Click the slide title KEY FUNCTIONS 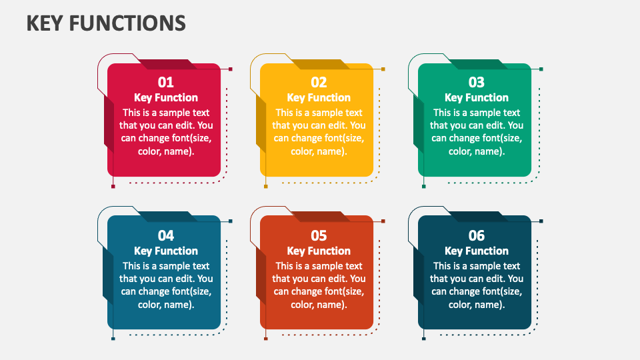point(106,23)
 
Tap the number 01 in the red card point(166,83)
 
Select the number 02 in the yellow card point(319,83)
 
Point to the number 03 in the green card point(476,83)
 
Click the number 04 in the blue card point(166,235)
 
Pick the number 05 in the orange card point(319,235)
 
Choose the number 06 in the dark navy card point(476,235)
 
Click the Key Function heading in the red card point(166,98)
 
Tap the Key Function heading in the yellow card point(319,98)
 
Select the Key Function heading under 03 point(476,98)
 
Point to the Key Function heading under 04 point(166,251)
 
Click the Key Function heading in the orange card point(319,251)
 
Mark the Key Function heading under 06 point(476,251)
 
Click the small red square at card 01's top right point(231,69)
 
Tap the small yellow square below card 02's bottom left point(266,187)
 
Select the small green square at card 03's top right point(541,69)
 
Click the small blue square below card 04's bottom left point(113,339)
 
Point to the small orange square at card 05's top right point(383,221)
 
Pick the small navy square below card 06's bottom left point(424,339)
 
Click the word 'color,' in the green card point(459,152)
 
